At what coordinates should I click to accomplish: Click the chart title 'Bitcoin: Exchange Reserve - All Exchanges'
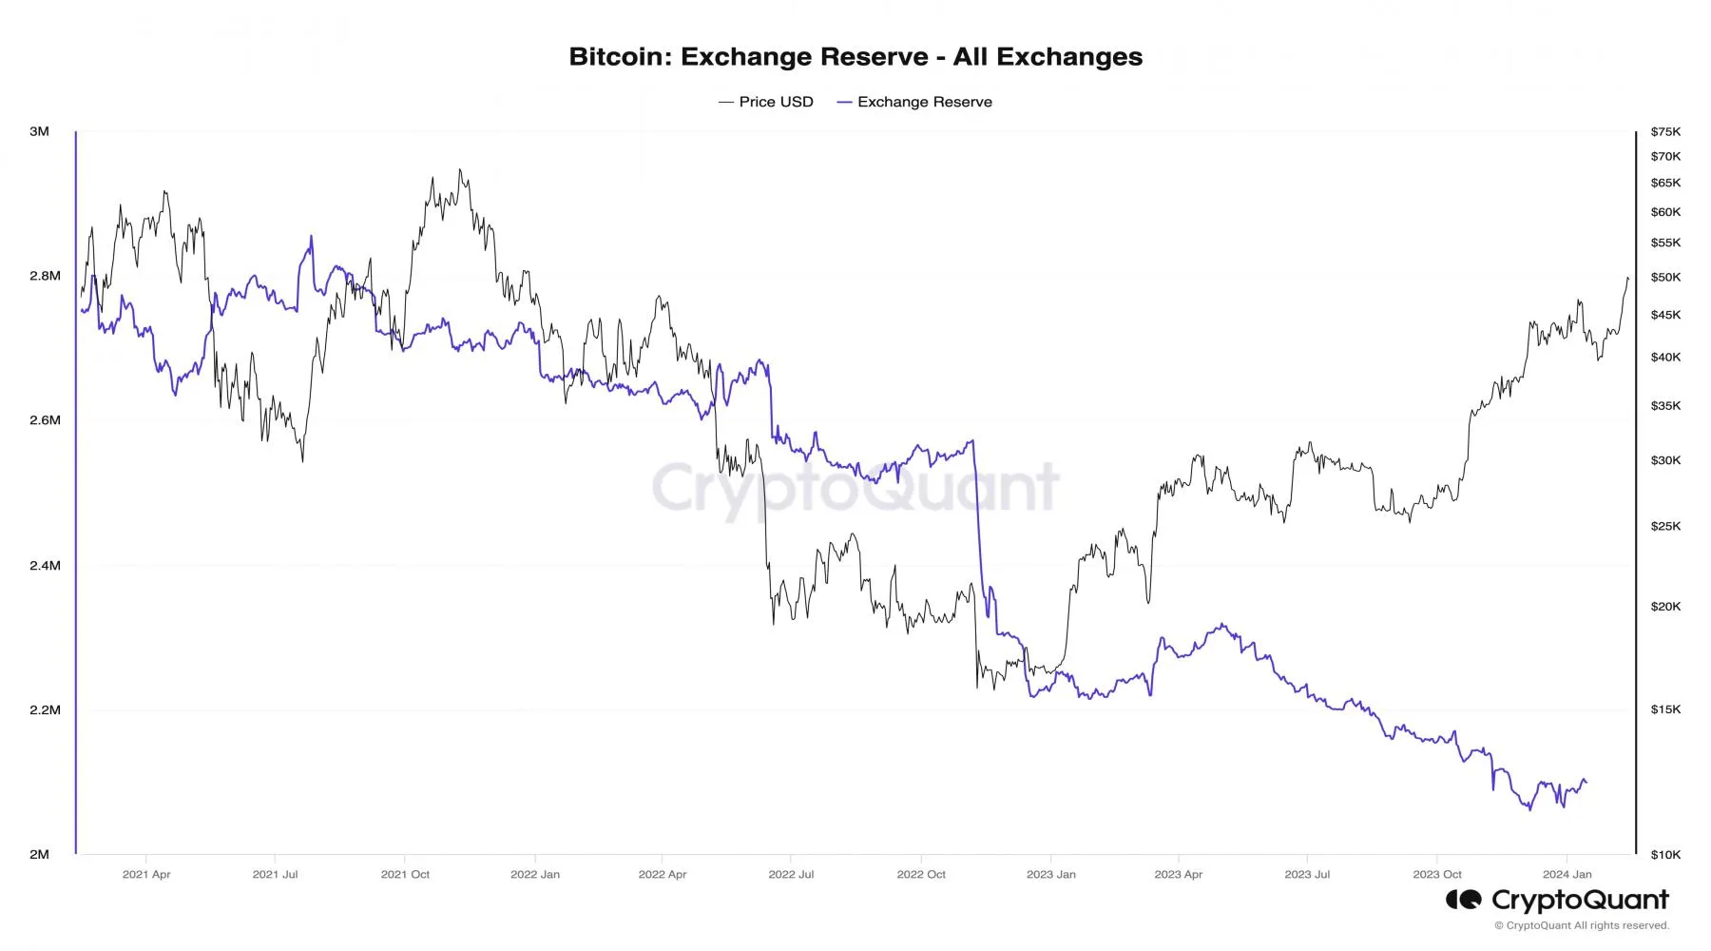point(855,57)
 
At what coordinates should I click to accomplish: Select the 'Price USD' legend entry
point(776,102)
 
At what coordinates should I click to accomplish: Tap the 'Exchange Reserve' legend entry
point(924,102)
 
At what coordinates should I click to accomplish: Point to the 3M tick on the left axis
point(39,131)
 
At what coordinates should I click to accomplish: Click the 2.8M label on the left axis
point(45,276)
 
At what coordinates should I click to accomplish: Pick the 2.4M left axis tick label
point(45,565)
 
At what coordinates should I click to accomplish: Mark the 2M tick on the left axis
point(39,854)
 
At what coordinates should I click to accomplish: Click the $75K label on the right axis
point(1665,131)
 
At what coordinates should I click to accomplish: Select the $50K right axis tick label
point(1665,278)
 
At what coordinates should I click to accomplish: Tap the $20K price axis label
point(1665,607)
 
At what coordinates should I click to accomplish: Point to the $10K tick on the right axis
point(1665,855)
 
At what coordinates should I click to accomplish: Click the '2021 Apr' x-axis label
point(146,874)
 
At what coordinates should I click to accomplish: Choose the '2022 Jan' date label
point(535,874)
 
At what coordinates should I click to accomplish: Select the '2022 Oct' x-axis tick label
point(921,874)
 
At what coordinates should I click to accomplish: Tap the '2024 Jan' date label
point(1567,874)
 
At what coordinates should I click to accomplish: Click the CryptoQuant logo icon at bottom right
point(1464,900)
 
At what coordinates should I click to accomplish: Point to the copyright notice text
point(1581,925)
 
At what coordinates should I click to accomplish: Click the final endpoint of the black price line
point(1628,279)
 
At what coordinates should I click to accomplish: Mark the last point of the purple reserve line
point(1586,784)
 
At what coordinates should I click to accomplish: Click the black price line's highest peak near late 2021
point(460,170)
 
